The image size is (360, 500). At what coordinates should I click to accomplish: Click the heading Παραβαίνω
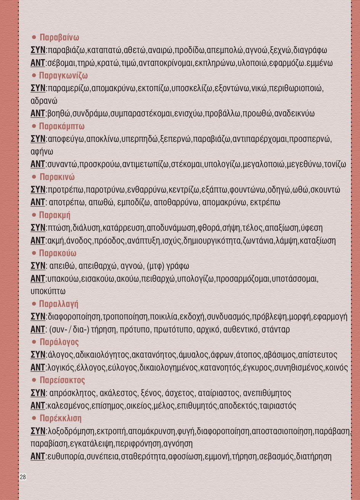[59, 37]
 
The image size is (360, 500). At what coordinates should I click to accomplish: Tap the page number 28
[23, 477]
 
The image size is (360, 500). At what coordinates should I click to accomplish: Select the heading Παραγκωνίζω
[63, 75]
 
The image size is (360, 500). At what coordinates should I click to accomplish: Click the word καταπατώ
[104, 50]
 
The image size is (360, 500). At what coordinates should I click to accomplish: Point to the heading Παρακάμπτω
[62, 126]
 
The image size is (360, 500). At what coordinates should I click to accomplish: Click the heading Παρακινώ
[57, 177]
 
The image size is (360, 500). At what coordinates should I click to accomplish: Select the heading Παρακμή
[55, 215]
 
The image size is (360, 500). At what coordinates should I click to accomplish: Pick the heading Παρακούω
[58, 253]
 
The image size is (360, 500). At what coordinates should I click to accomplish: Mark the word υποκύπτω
[48, 291]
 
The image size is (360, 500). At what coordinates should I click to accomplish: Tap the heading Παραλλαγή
[59, 304]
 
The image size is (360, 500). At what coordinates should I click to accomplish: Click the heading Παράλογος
[59, 342]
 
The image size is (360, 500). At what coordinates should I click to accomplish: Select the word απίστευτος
[317, 355]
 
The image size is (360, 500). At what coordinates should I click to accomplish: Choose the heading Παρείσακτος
[62, 380]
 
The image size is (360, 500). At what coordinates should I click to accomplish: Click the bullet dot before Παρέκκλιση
[34, 418]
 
